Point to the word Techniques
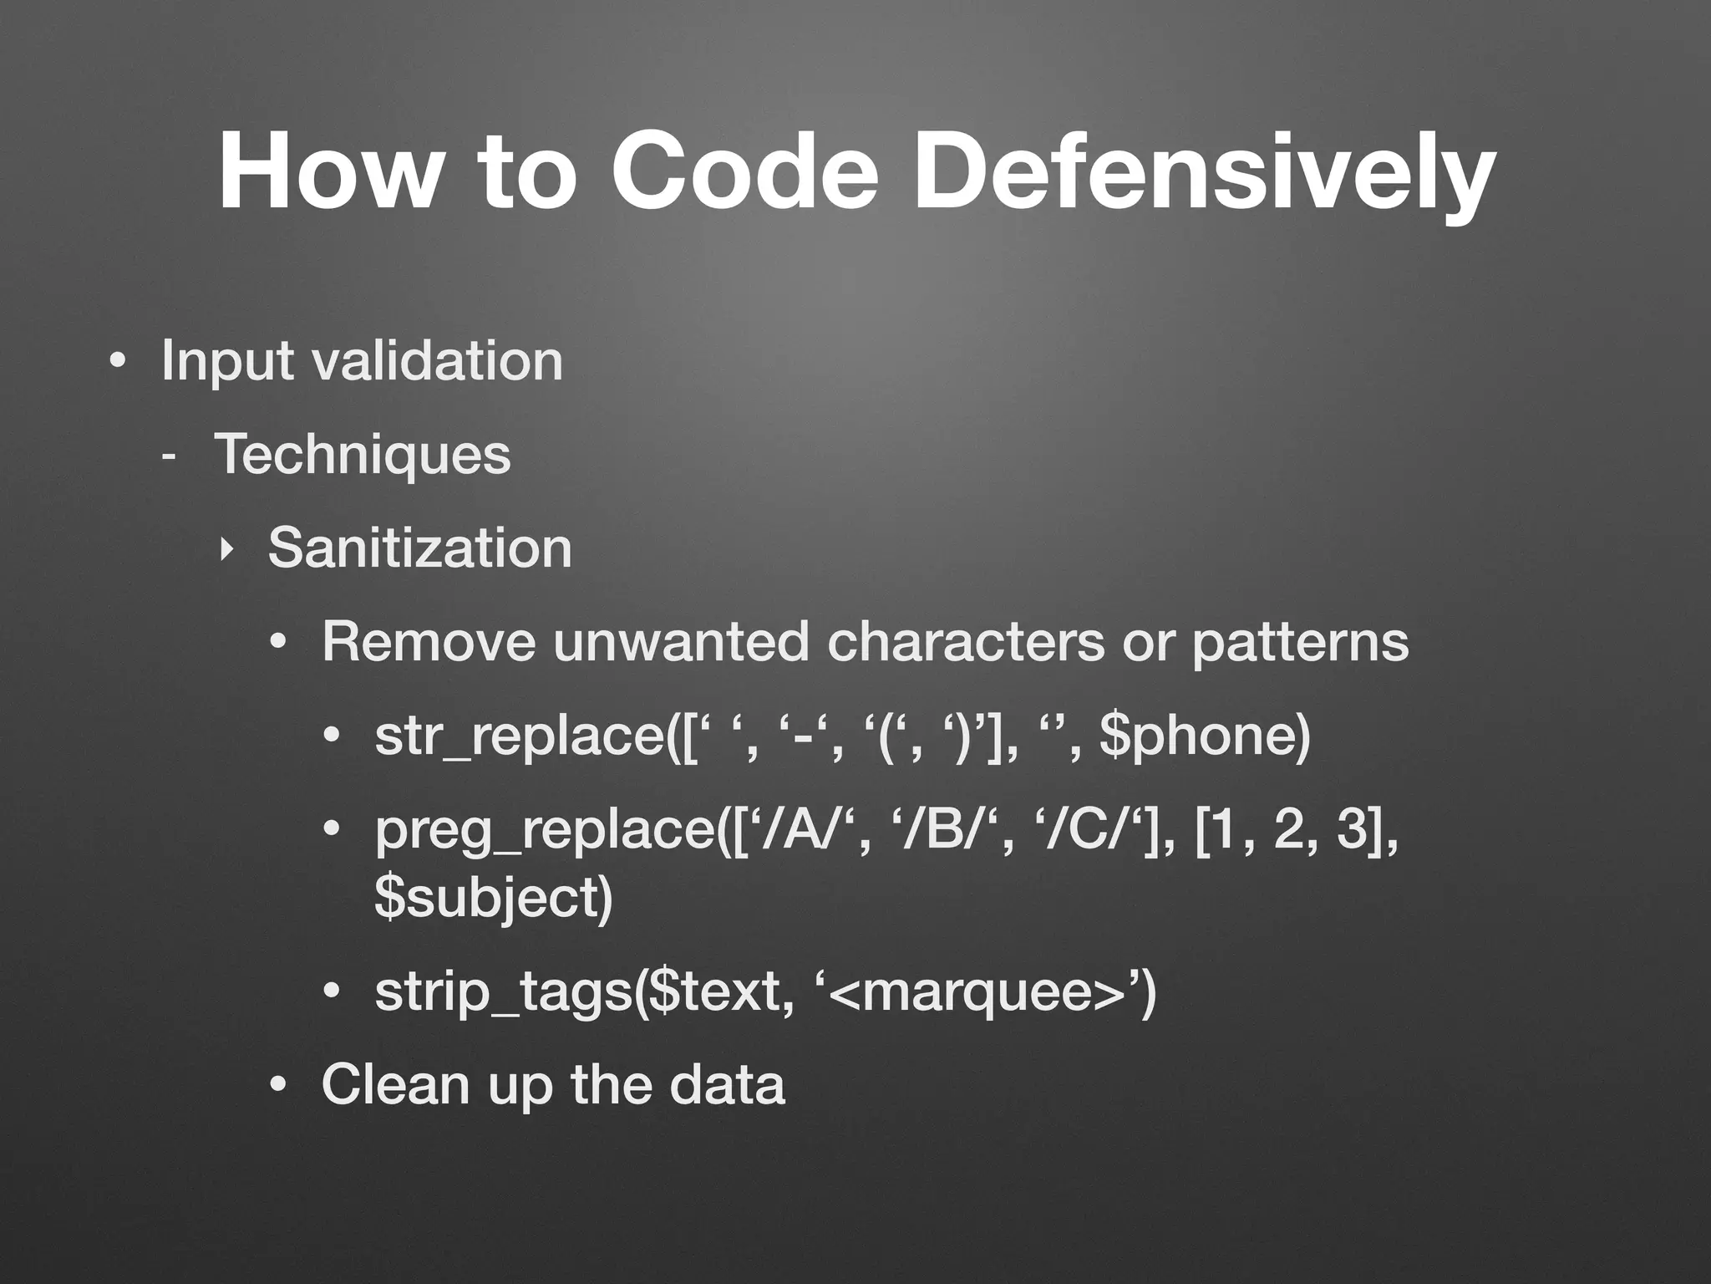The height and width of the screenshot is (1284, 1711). (x=362, y=454)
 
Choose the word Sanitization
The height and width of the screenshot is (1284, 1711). (x=419, y=548)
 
